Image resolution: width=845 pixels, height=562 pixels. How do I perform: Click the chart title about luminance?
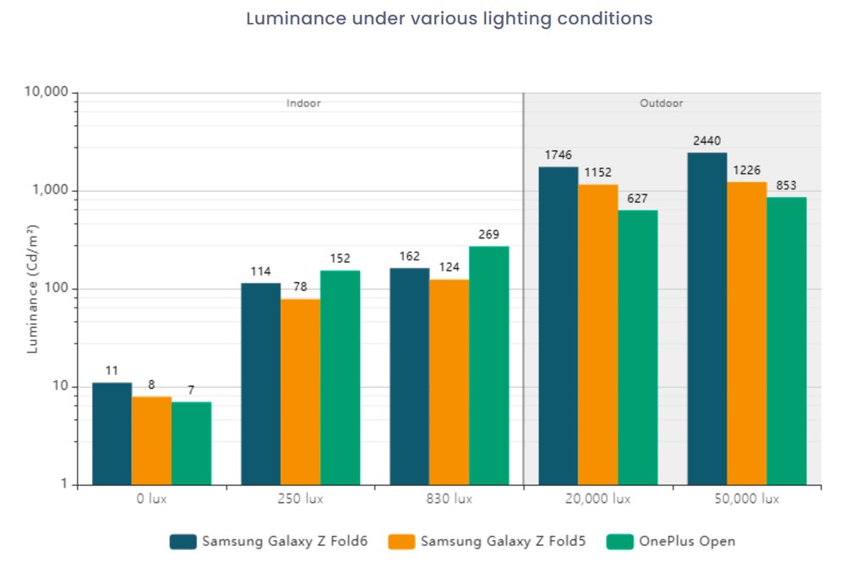point(449,19)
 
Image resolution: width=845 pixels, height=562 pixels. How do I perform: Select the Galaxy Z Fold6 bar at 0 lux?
point(112,434)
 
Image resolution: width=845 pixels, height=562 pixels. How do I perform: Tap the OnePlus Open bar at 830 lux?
point(489,365)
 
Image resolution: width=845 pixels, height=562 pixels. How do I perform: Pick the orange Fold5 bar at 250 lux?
point(300,391)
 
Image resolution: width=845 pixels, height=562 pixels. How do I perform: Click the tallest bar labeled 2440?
point(706,319)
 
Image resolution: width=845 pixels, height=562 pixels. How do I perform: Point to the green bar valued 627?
point(637,347)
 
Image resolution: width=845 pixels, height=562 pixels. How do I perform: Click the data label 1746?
point(558,155)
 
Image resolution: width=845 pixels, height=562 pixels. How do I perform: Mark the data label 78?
point(300,287)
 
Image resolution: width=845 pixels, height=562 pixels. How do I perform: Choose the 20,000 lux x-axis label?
point(597,499)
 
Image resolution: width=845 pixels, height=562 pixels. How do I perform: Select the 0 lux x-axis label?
point(151,499)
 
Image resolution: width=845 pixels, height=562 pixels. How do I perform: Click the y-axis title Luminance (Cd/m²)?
point(32,289)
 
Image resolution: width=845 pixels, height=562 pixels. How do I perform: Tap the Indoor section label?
point(303,103)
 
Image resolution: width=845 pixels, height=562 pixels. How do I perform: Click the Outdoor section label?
point(661,103)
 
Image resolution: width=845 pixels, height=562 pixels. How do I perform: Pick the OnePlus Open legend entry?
point(671,541)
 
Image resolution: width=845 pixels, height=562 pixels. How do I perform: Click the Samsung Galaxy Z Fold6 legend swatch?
point(183,541)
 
